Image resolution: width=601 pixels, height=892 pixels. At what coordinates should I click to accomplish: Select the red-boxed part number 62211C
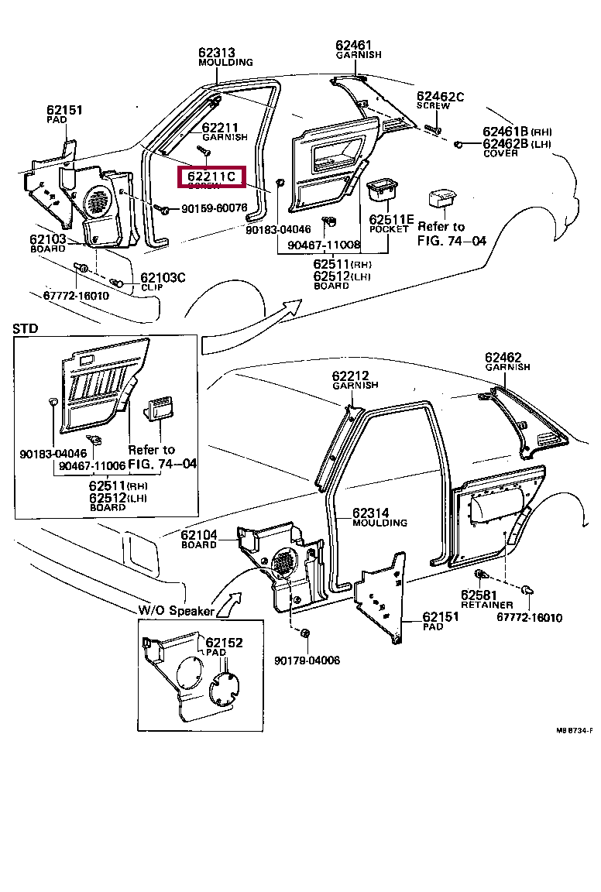click(211, 177)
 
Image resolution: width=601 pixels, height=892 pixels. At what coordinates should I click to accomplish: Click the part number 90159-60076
click(214, 208)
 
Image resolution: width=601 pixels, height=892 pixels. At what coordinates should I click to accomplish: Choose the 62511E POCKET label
click(391, 219)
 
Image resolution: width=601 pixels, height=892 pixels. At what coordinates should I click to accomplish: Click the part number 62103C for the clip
click(163, 277)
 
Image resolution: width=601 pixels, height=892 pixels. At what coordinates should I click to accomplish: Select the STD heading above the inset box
click(26, 329)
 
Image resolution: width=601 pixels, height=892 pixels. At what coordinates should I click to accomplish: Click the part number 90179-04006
click(307, 660)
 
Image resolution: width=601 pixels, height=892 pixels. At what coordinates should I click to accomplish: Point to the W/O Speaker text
click(176, 611)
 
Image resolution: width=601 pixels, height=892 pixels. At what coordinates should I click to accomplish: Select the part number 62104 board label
click(200, 535)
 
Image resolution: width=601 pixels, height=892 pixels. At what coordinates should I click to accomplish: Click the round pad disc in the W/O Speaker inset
click(223, 688)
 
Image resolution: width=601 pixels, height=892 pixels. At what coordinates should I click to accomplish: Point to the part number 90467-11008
click(323, 245)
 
